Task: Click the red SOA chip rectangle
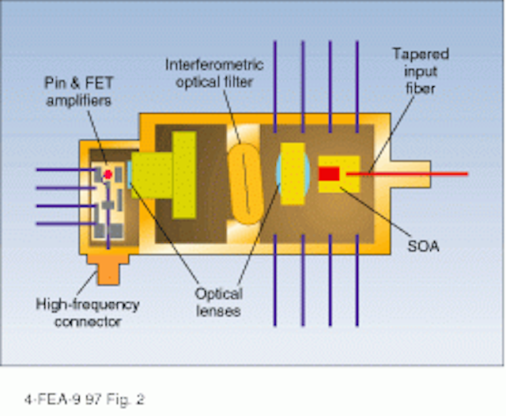(329, 174)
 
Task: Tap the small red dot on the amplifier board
(108, 175)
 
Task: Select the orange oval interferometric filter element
(246, 184)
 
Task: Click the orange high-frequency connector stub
(108, 269)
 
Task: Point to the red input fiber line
(407, 174)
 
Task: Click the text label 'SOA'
(424, 247)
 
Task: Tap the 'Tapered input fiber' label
(421, 71)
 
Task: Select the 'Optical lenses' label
(218, 302)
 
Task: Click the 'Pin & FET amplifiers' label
(79, 92)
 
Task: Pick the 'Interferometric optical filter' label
(214, 74)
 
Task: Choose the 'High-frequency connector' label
(88, 313)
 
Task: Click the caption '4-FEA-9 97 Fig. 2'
(85, 399)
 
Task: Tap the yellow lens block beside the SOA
(293, 174)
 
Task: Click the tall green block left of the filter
(184, 175)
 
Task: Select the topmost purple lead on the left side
(66, 170)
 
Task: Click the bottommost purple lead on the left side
(66, 223)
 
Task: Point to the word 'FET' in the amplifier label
(99, 83)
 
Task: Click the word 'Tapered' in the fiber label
(421, 55)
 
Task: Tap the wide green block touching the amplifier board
(152, 176)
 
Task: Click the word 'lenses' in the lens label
(218, 311)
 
